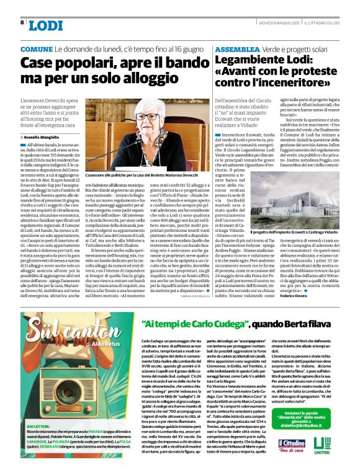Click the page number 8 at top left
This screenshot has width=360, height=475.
pyautogui.click(x=22, y=22)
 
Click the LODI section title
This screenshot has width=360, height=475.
pyautogui.click(x=45, y=25)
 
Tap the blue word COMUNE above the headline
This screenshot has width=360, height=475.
pyautogui.click(x=36, y=48)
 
